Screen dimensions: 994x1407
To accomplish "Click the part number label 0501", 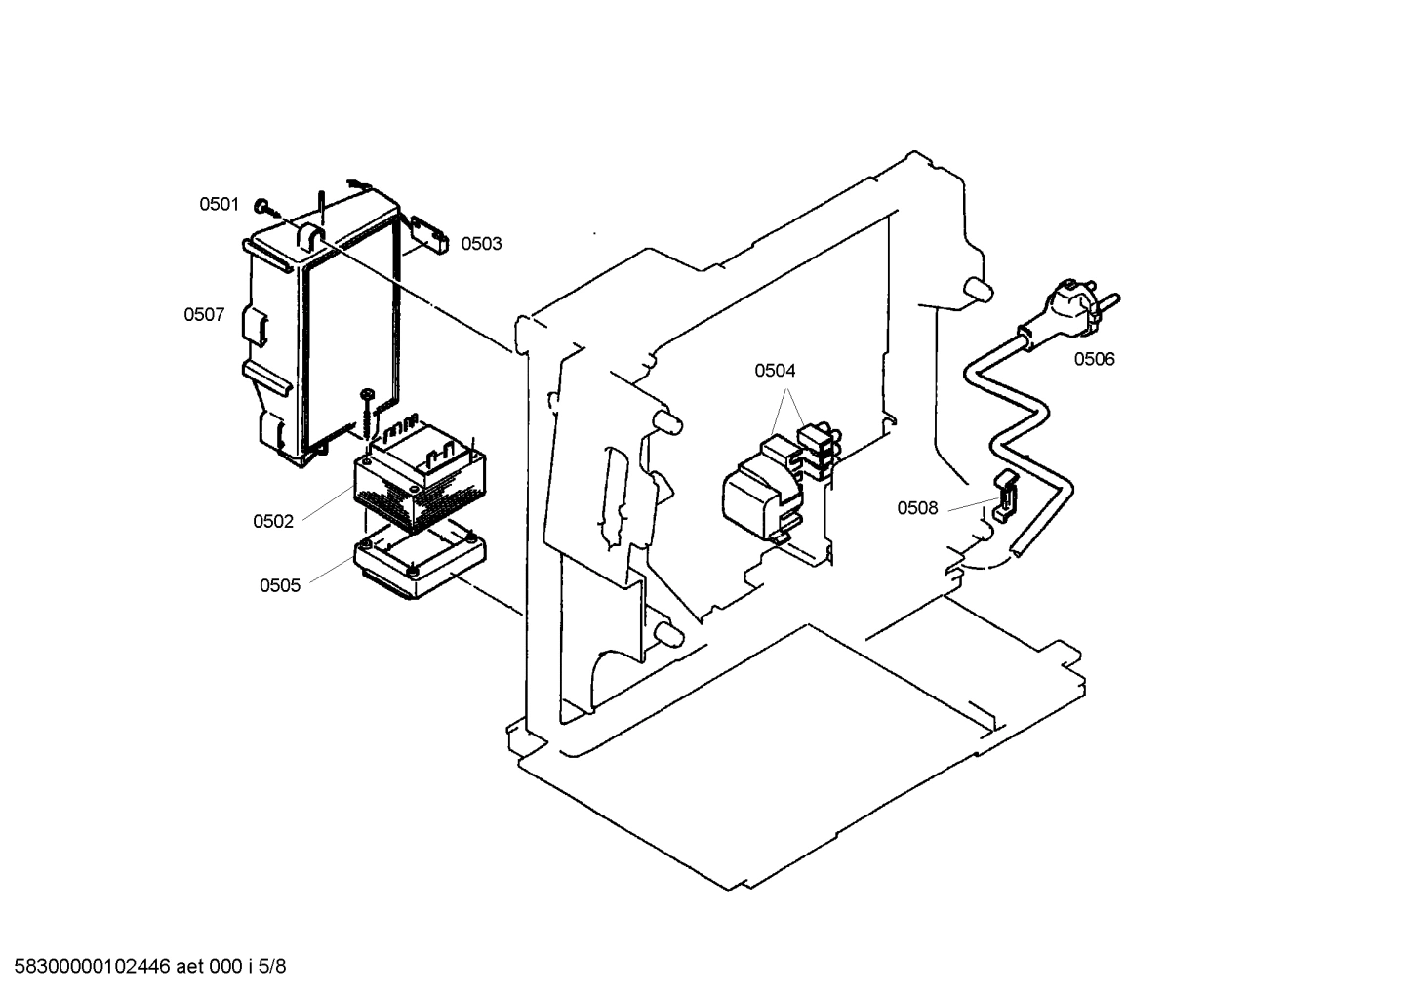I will [219, 204].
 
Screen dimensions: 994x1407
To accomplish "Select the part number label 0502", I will [273, 521].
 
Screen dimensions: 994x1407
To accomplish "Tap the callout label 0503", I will [481, 244].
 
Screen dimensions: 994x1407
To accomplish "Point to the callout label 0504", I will [775, 371].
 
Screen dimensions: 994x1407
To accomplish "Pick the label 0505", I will [279, 585].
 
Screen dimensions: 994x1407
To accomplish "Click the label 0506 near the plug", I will [1094, 359].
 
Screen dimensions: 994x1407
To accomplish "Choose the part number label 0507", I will [204, 315].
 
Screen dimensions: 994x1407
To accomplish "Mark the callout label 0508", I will [917, 508].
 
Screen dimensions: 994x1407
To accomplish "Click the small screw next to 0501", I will [263, 207].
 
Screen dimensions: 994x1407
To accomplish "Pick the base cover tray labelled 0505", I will [420, 566].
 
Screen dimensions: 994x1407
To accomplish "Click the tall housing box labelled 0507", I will [322, 332].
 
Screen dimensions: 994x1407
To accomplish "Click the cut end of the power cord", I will [1018, 553].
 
